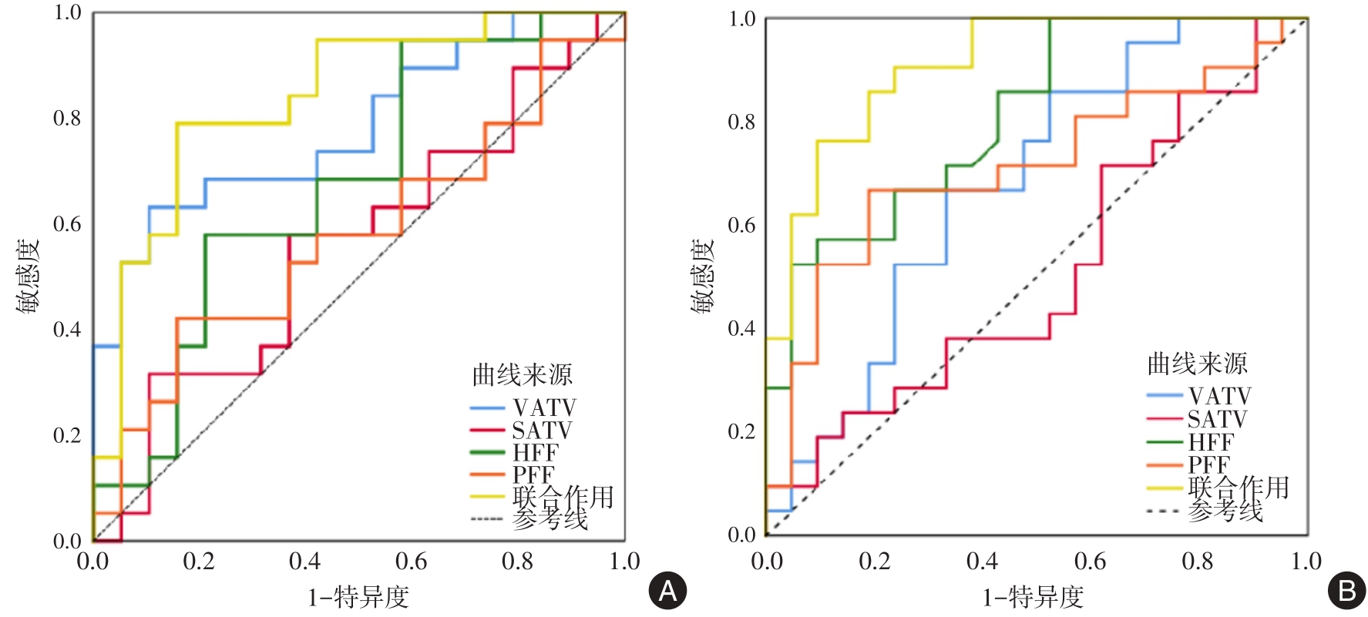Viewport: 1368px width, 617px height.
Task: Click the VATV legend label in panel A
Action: tap(544, 407)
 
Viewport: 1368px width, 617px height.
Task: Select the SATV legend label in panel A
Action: tap(542, 430)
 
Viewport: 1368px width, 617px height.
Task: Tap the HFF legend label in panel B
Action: tap(1211, 442)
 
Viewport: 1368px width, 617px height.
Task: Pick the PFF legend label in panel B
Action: tap(1208, 464)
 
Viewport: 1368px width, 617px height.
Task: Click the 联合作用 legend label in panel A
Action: tap(563, 497)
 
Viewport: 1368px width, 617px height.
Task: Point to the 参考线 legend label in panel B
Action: tap(1225, 510)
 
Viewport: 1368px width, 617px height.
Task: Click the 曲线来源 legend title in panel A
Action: tap(522, 375)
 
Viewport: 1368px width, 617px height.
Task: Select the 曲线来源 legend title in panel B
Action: tap(1197, 364)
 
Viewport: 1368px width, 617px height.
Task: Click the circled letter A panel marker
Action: tap(667, 591)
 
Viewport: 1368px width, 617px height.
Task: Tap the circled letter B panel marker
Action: tap(1346, 591)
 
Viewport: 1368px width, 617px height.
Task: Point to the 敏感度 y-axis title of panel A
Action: tap(29, 275)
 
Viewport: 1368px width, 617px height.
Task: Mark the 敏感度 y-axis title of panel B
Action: tap(703, 275)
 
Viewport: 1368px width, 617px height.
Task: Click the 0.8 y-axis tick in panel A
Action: tap(67, 119)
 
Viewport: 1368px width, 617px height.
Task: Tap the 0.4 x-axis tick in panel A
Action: tap(305, 562)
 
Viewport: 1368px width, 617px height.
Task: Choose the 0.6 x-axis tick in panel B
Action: tap(1090, 562)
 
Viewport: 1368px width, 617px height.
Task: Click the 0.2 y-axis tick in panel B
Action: tap(741, 431)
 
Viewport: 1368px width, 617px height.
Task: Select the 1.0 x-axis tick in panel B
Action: tap(1306, 562)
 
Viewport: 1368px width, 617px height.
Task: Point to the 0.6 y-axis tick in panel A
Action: tap(67, 224)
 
